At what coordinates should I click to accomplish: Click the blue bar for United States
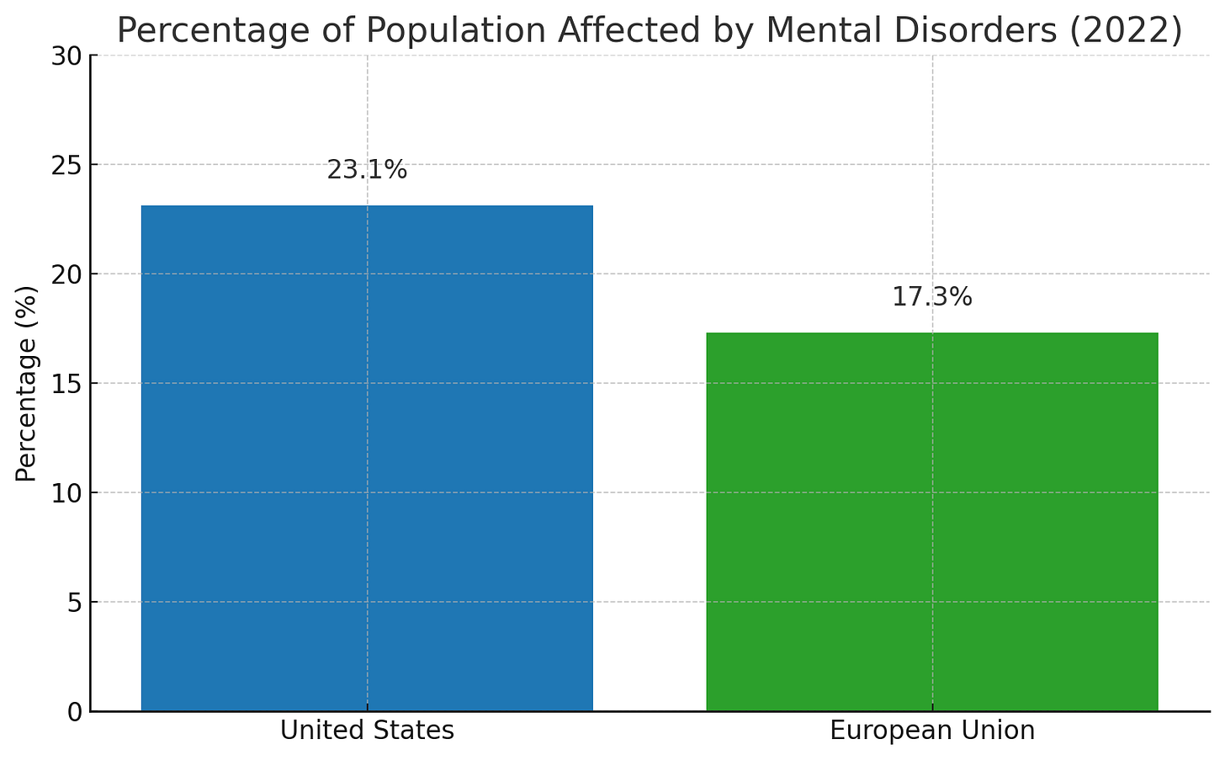(x=367, y=458)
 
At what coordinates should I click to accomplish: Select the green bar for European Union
(x=932, y=522)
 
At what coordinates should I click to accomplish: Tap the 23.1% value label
(x=367, y=171)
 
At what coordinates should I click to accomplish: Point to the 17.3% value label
(x=932, y=297)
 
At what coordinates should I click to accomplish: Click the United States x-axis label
(x=367, y=731)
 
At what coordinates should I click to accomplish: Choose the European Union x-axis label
(x=932, y=731)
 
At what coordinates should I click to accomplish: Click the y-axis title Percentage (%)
(x=27, y=384)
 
